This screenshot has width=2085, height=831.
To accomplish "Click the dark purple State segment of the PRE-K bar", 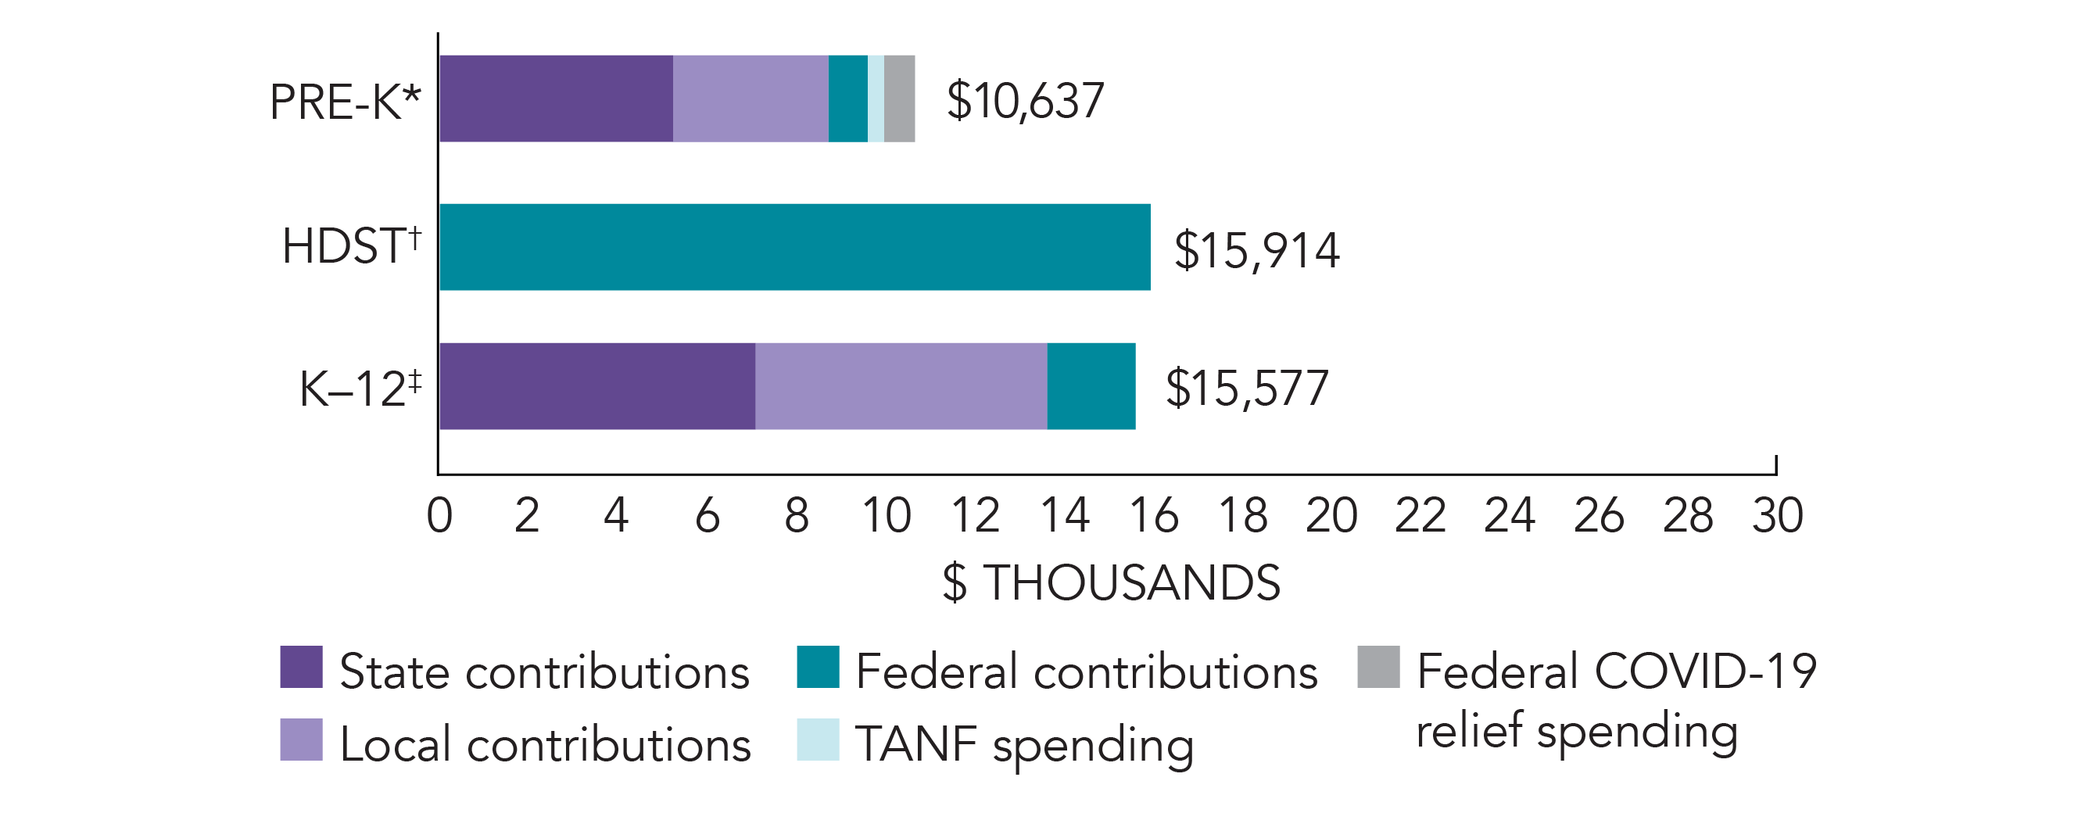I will (556, 99).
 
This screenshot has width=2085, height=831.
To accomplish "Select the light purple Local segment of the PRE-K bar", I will (751, 99).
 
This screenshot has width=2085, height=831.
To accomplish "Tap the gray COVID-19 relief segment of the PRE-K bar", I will (899, 99).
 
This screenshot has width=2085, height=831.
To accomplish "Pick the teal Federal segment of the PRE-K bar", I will (847, 99).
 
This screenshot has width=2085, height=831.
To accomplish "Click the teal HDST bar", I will (794, 247).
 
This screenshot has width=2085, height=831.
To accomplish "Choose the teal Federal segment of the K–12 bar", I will (1091, 386).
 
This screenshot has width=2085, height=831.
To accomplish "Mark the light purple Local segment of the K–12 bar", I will (901, 386).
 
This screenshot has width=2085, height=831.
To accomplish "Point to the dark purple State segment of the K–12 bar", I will (597, 386).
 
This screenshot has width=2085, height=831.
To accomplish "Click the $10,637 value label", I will (1025, 101).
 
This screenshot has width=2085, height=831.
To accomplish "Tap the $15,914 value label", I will (1256, 250).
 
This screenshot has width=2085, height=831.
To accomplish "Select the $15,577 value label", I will (1246, 389).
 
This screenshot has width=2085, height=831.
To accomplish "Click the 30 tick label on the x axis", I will (1778, 515).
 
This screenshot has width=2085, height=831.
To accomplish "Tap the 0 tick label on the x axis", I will (439, 515).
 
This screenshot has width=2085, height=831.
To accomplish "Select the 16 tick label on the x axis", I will (1153, 515).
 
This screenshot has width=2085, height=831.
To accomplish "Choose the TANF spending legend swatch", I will (818, 740).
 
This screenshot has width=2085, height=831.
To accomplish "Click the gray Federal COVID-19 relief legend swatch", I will (1378, 667).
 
